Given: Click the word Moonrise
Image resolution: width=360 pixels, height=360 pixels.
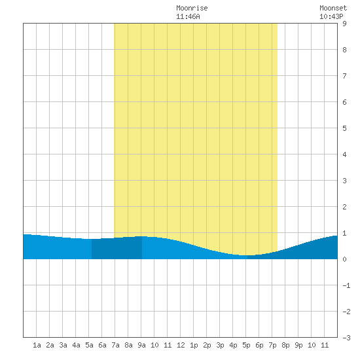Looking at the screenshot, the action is click(x=192, y=8).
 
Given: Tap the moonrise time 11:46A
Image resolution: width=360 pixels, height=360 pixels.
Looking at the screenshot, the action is click(x=188, y=16).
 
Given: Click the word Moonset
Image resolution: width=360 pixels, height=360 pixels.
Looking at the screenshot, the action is click(x=333, y=8).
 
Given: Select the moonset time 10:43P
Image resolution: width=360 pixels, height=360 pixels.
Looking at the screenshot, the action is click(x=331, y=16).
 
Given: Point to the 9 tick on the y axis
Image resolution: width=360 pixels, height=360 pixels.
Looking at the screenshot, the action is click(x=344, y=24).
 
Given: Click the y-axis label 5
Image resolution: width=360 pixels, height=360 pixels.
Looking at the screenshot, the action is click(x=344, y=128).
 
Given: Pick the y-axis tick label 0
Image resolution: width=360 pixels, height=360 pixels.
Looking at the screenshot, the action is click(x=344, y=259).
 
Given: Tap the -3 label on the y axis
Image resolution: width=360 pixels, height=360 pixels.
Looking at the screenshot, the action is click(x=346, y=338).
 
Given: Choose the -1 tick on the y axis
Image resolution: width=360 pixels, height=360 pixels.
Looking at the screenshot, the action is click(x=346, y=285).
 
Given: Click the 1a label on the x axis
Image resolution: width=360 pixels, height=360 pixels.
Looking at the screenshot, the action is click(x=37, y=345).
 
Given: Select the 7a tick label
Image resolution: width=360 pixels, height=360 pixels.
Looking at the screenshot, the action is click(x=115, y=345).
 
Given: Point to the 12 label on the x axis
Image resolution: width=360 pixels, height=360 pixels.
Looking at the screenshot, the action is click(x=181, y=345).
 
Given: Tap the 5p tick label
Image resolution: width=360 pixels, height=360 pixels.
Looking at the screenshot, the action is click(x=246, y=345).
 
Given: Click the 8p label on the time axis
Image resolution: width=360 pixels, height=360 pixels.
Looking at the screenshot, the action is click(x=285, y=345).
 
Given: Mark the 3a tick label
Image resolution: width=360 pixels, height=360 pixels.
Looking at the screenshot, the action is click(x=63, y=345).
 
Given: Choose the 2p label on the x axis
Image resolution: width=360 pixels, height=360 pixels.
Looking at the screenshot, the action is click(x=207, y=345).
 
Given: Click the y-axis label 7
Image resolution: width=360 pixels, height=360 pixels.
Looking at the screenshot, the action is click(x=344, y=76).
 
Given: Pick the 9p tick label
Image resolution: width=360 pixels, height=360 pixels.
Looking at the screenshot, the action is click(x=298, y=345).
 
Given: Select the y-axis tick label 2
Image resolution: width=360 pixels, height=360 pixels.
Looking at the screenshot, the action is click(x=344, y=207).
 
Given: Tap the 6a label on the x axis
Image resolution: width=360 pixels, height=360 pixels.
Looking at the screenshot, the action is click(x=102, y=345).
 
